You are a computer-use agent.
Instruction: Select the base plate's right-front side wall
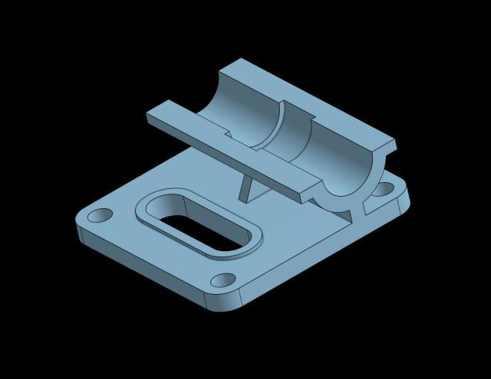322,256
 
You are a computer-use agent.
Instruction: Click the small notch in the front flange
228,136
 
